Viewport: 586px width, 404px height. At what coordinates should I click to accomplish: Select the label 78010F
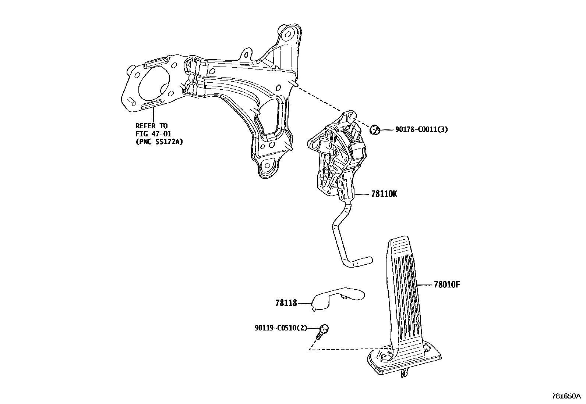click(447, 285)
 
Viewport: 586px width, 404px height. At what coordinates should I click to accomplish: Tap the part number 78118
click(286, 303)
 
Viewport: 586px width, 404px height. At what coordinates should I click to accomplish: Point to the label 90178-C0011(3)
click(421, 129)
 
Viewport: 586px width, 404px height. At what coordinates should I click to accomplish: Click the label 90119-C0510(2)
click(280, 328)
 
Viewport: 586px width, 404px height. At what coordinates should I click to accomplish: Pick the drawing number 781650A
click(566, 396)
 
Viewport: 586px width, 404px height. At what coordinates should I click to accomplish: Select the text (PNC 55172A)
click(159, 141)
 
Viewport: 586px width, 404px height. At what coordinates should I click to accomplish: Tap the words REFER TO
click(151, 126)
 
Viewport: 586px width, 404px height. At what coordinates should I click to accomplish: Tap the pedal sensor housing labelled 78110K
click(337, 158)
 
